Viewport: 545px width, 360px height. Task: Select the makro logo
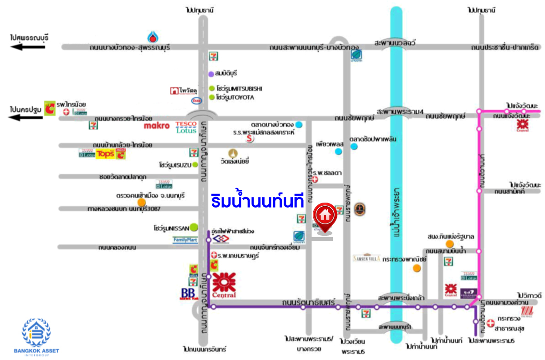[x=157, y=125]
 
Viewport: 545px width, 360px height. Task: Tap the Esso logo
[x=197, y=101]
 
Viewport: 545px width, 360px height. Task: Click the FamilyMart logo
[x=185, y=240]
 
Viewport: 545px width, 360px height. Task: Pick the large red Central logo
[x=224, y=285]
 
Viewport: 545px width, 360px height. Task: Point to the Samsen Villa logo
[x=366, y=258]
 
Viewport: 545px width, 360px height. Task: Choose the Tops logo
[x=104, y=154]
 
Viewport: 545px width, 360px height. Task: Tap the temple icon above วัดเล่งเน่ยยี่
[x=234, y=153]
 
